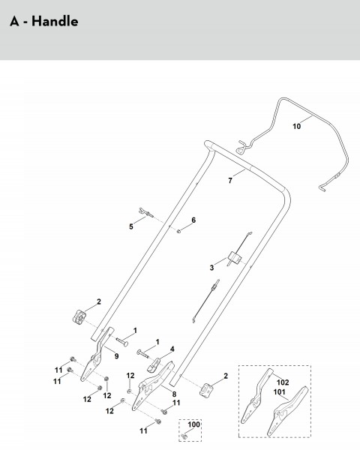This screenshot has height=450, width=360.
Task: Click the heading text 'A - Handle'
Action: pos(44,22)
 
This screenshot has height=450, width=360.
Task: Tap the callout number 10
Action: pos(296,126)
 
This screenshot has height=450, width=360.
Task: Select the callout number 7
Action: pos(230,181)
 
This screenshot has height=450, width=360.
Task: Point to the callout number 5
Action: pos(131,226)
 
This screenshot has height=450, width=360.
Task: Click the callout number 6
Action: pos(193,220)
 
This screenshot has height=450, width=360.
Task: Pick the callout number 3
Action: pos(211,268)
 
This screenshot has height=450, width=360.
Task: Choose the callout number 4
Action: pos(172,349)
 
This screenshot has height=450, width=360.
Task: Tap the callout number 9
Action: pos(116,356)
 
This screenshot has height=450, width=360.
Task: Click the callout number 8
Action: pos(174,394)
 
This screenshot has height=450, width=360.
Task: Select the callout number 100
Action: pos(194,424)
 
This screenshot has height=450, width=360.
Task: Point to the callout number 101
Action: pos(279,392)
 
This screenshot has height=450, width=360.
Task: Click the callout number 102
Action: pos(283,382)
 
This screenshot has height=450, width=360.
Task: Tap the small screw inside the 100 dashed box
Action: pos(184,436)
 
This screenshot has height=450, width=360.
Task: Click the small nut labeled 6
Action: pos(178,230)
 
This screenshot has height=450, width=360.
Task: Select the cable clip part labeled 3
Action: pos(235,258)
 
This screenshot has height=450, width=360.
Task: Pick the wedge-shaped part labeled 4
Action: pos(154,364)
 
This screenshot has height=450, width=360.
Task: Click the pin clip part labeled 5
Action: pos(145,213)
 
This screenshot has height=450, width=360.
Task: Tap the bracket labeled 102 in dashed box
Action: pos(256,396)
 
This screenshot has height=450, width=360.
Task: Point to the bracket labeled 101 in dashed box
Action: pos(287,411)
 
